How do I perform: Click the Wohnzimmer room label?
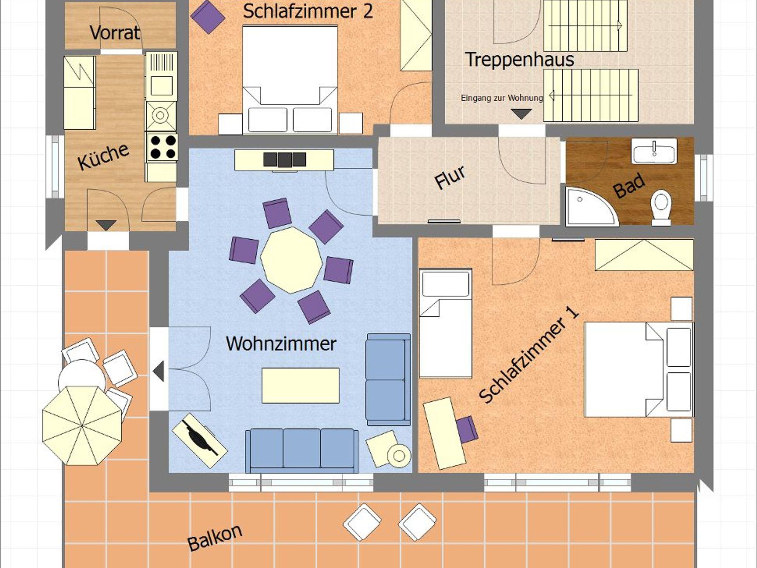(x=281, y=344)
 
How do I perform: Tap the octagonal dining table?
(x=291, y=260)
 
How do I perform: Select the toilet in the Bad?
(x=661, y=207)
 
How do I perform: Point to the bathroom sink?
(x=654, y=151)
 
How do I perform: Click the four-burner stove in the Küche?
(x=163, y=147)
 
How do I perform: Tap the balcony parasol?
(x=82, y=425)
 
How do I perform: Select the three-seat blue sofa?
(x=302, y=451)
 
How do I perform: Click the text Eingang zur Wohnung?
(x=502, y=98)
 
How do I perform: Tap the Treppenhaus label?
(x=519, y=59)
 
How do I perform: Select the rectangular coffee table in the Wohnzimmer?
(x=301, y=385)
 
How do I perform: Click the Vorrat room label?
(x=115, y=33)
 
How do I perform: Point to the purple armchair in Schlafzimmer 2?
(x=208, y=17)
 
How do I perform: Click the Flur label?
(x=449, y=177)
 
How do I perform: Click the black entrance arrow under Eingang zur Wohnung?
(x=521, y=114)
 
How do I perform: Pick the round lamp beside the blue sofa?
(x=399, y=456)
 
